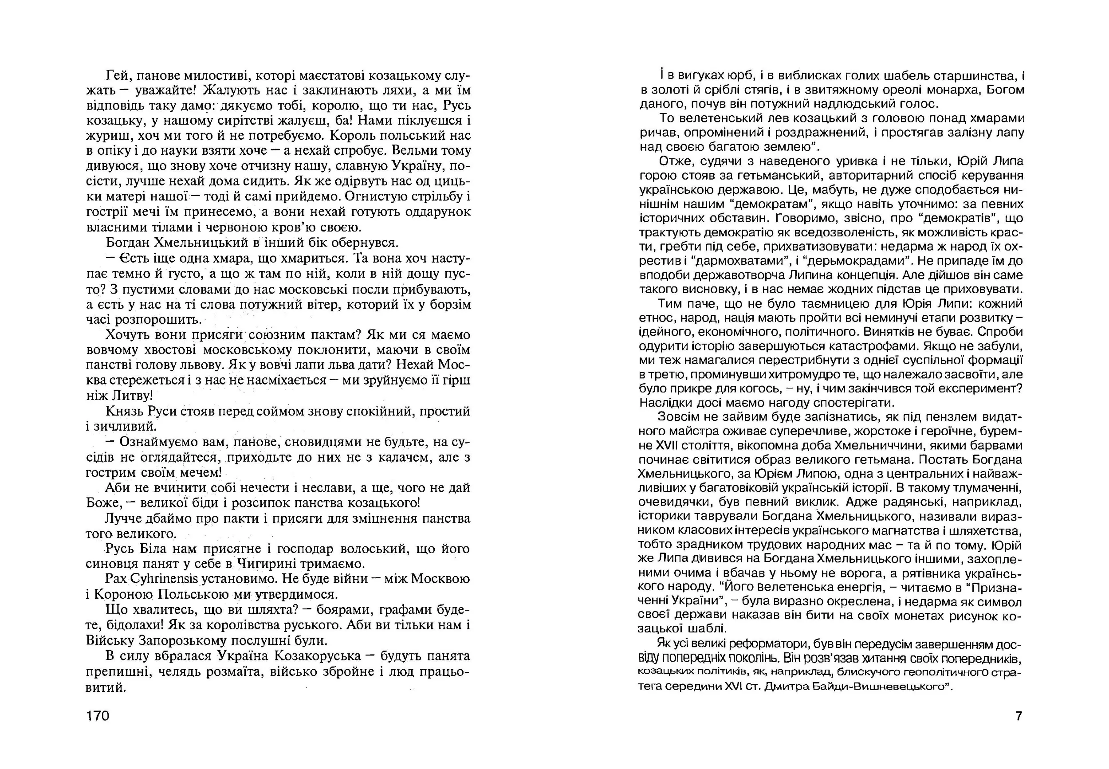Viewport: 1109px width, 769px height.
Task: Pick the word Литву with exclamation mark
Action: [x=130, y=396]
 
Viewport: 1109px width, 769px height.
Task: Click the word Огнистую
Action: [x=366, y=196]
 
